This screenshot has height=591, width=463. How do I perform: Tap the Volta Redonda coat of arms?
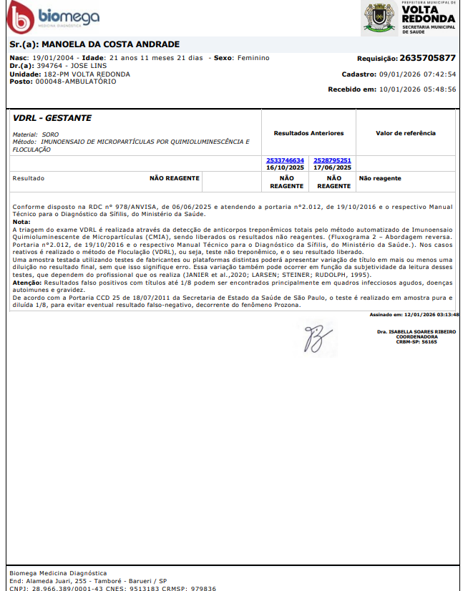point(379,19)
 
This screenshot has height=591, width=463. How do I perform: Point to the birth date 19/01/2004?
point(54,58)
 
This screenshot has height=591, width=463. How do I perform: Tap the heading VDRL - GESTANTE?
point(52,118)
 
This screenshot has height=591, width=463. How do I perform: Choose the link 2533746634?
point(285,160)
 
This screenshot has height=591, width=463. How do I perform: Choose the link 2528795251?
point(333,160)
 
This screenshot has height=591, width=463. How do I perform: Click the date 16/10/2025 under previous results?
point(285,167)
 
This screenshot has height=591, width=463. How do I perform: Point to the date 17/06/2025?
point(333,167)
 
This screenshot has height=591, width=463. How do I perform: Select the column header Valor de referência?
point(405,133)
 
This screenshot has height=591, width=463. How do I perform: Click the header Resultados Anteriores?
point(308,133)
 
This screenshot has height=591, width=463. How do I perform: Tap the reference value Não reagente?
point(380,178)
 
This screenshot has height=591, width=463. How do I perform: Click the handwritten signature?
point(313,338)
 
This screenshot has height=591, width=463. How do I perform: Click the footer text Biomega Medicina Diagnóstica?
point(58,573)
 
